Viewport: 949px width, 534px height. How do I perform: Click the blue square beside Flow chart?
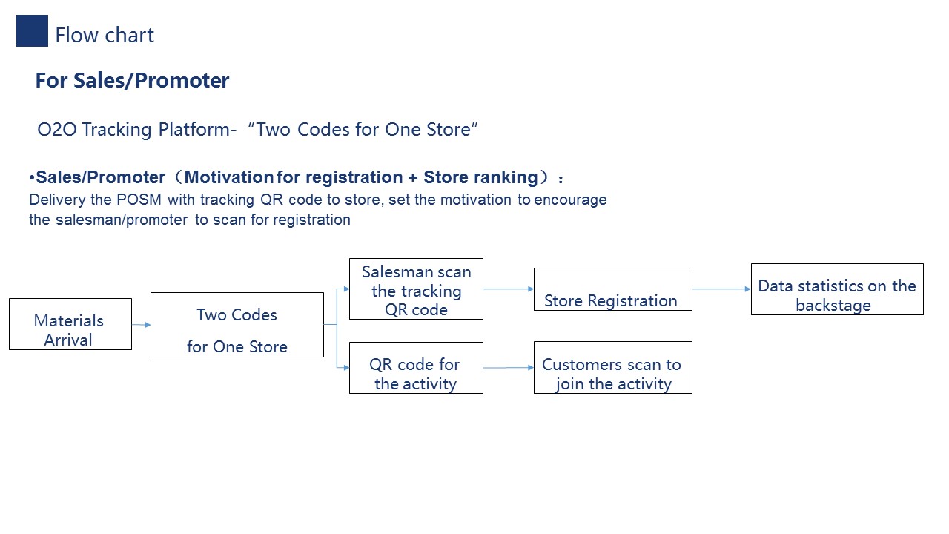[32, 31]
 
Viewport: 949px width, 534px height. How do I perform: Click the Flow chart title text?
[105, 35]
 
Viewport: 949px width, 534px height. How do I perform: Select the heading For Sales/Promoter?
[132, 81]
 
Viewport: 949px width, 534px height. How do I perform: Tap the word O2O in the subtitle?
[57, 129]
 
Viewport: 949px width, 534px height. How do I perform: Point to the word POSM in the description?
[139, 200]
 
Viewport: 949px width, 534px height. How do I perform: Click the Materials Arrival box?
[70, 324]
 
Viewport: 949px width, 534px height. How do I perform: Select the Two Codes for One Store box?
[237, 325]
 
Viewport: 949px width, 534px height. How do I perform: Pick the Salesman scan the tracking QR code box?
[416, 289]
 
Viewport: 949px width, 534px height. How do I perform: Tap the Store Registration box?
[613, 289]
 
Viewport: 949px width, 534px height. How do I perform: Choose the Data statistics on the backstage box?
[837, 289]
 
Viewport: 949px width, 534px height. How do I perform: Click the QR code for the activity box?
[416, 368]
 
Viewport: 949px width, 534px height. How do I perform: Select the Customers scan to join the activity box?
[613, 367]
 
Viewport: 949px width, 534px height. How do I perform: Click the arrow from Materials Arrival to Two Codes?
[141, 325]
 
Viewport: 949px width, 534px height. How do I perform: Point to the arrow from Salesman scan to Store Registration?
[509, 289]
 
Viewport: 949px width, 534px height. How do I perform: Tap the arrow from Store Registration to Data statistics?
[722, 289]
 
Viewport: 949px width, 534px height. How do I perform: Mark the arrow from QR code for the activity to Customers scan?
[509, 367]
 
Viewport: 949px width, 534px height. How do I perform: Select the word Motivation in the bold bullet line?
[229, 177]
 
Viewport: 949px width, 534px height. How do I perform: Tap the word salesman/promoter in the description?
[122, 220]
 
